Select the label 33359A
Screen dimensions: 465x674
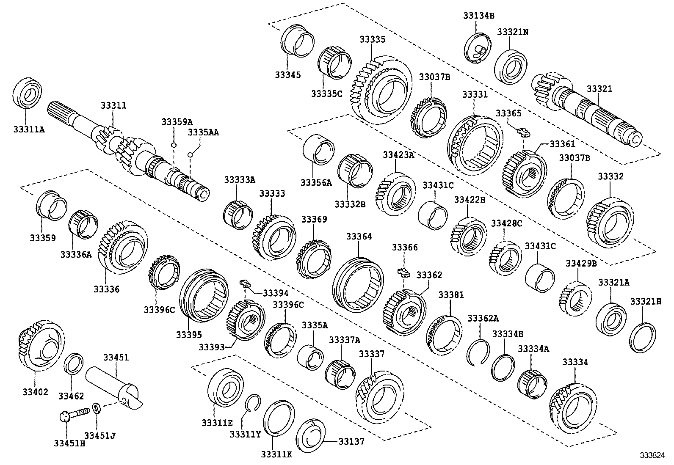pos(177,122)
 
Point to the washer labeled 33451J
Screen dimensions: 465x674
pos(97,408)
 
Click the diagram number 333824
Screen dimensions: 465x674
pos(652,456)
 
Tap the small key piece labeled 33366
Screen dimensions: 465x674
pos(404,271)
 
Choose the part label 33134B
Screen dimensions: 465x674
pos(478,16)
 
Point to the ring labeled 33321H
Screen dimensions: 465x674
pos(643,337)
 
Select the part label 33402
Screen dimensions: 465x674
pos(36,392)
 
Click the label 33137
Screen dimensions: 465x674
pos(351,442)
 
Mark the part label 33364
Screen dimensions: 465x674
pos(359,237)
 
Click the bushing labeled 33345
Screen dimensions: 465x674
pos(298,41)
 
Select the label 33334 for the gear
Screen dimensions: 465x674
pos(575,363)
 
